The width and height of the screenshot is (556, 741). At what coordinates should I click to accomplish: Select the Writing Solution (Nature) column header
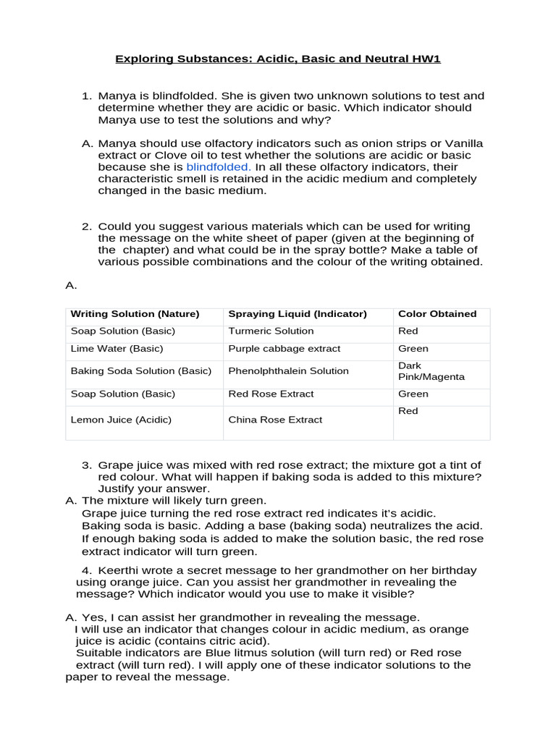coord(135,314)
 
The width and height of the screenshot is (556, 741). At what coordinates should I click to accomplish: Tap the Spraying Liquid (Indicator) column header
coord(298,314)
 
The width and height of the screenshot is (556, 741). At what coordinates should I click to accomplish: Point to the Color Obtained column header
coord(437,314)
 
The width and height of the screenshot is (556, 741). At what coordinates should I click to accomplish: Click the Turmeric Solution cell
coord(271,331)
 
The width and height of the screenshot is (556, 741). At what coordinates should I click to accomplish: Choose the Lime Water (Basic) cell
coord(117,348)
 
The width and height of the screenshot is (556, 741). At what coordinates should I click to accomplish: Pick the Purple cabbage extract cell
coord(284,348)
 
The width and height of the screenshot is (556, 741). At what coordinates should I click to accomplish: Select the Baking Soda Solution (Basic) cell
coord(141,370)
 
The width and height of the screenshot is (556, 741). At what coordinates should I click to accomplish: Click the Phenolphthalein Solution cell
coord(288,370)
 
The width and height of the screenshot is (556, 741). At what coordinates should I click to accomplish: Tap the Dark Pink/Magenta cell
coord(431,371)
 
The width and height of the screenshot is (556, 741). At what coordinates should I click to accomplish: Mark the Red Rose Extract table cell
coord(271,394)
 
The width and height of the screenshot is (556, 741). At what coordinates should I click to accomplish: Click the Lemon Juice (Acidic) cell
coord(121,420)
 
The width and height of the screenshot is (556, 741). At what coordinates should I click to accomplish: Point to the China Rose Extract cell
coord(275,420)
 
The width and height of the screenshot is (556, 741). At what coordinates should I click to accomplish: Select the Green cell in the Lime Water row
coord(413,348)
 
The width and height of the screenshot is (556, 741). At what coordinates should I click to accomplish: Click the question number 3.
coord(86,465)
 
